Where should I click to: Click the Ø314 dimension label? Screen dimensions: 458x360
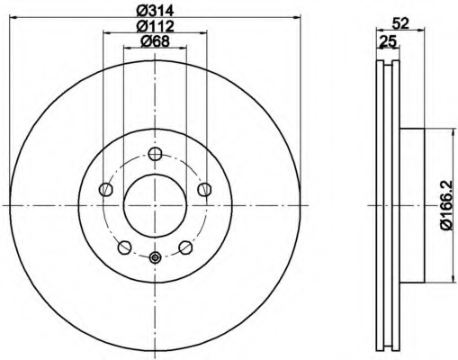[155, 11]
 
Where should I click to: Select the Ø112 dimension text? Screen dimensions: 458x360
[155, 26]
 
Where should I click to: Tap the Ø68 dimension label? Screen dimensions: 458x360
[155, 41]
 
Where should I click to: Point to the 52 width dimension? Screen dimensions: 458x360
[400, 23]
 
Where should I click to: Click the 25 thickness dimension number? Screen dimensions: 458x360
[388, 41]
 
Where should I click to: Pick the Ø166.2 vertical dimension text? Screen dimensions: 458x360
[446, 205]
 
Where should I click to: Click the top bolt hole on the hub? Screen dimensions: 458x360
[155, 154]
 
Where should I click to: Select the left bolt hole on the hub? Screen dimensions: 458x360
[105, 190]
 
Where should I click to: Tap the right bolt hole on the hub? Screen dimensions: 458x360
[204, 190]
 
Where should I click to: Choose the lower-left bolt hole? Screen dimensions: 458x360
[124, 247]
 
